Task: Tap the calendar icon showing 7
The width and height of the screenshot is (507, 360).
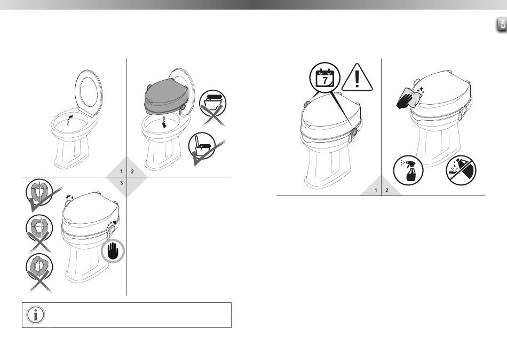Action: coord(324,77)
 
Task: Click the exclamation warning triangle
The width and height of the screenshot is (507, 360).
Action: coord(357,77)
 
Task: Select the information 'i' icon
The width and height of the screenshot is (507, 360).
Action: coord(36,315)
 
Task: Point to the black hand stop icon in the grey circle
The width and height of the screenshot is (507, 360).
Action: coord(113,251)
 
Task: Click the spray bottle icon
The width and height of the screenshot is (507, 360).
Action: coord(408,170)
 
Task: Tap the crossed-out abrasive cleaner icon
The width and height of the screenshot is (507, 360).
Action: coord(461,170)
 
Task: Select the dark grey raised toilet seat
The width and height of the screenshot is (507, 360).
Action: coord(166,97)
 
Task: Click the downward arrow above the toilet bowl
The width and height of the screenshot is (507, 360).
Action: coord(164,122)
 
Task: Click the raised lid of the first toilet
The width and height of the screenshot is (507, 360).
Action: coord(89,92)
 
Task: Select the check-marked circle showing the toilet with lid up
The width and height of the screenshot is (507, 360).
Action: coord(202,146)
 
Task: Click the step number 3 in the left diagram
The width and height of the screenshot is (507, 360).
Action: coord(122,183)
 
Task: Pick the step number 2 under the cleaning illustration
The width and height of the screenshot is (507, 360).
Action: coord(387,190)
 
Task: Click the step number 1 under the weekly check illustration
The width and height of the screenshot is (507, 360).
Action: coord(376,190)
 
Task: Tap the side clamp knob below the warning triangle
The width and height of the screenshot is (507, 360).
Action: coord(354,132)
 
